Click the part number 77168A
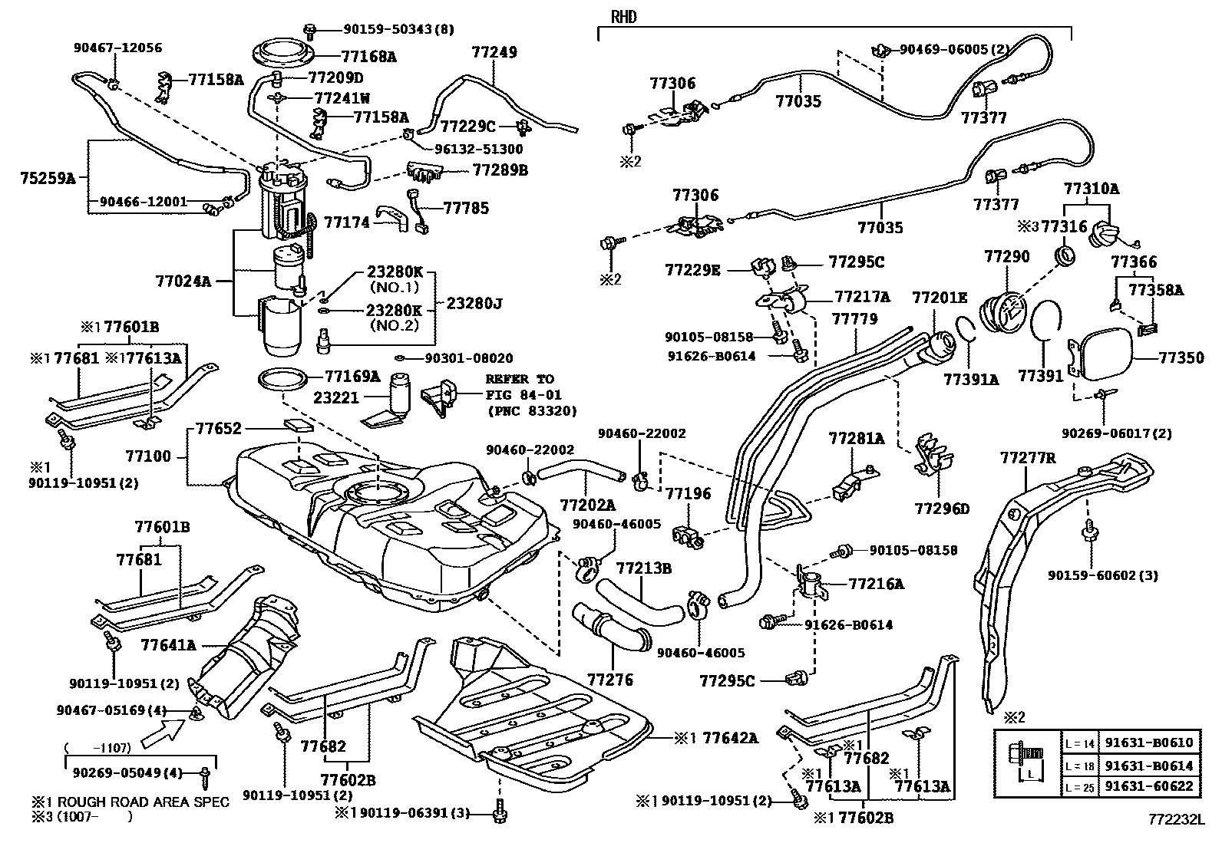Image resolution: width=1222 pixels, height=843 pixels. tap(368, 56)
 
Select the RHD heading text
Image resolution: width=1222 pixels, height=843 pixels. tap(624, 17)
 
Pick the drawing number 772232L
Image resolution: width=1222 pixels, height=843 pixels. tap(1176, 820)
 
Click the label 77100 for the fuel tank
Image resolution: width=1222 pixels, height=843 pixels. tap(148, 456)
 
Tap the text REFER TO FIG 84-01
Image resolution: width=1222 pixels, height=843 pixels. tap(519, 387)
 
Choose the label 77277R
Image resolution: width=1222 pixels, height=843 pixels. tap(1028, 458)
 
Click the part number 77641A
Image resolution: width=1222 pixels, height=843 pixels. tap(168, 645)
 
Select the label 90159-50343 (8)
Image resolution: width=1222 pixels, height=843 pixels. tap(388, 30)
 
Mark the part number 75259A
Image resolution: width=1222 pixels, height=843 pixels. tap(48, 178)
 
